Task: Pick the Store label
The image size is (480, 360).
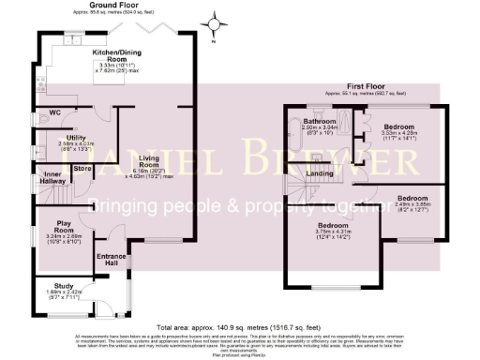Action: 82,169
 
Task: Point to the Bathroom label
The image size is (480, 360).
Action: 320,122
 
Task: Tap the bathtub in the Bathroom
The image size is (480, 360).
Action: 296,129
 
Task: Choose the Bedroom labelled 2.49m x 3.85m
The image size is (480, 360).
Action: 412,199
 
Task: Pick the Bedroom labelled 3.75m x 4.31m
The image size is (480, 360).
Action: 335,226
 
